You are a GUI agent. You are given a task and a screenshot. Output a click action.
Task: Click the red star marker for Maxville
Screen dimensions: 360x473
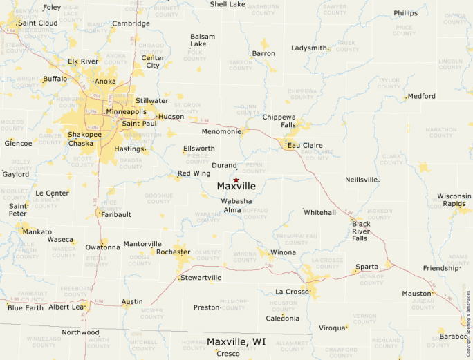coord(236,180)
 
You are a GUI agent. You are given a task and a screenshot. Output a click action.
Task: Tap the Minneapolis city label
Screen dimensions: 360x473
coord(125,111)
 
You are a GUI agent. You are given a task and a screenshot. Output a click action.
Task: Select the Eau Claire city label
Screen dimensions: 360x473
coord(306,145)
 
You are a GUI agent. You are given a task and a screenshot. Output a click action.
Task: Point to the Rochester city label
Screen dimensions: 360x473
coord(174,252)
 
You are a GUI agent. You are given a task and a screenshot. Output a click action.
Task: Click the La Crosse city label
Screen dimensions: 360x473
coord(292,292)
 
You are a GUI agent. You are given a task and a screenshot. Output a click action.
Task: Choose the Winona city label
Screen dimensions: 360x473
coord(283,252)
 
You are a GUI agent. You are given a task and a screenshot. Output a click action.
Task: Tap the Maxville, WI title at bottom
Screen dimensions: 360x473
coord(236,341)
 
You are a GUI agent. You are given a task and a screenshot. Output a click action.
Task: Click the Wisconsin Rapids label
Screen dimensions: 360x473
coord(454,200)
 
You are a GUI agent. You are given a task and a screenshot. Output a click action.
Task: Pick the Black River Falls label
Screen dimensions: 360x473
coord(361,231)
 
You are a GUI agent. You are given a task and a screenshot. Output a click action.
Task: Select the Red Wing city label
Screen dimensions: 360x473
coord(194,173)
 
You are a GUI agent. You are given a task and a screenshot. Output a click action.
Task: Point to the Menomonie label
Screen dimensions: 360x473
coord(221,131)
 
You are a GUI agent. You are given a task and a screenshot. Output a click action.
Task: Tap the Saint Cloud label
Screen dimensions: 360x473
coord(38,23)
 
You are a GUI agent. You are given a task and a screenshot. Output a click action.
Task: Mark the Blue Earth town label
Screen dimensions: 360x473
coord(25,307)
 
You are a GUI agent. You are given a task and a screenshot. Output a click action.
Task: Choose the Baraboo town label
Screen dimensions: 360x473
coord(454,336)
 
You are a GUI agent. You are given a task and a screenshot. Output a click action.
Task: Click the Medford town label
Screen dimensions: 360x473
coord(422,96)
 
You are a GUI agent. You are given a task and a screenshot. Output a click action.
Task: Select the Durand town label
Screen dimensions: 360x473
coord(224,166)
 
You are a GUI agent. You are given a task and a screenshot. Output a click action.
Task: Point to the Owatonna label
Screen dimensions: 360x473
coord(102,247)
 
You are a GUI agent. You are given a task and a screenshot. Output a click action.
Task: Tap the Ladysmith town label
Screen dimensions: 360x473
coord(309,48)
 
